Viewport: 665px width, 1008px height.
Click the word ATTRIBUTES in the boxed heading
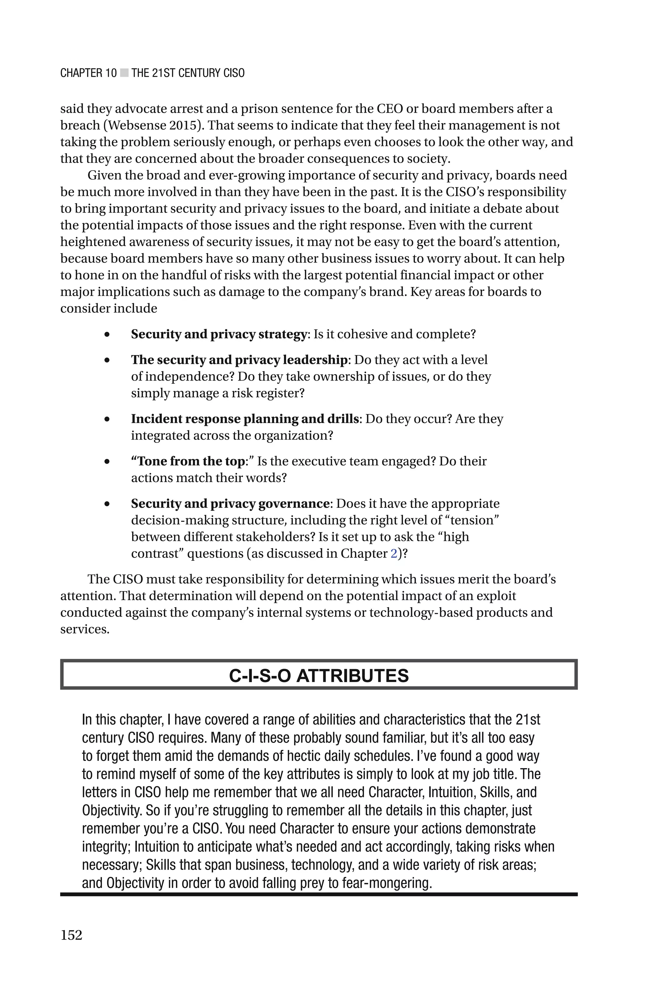pyautogui.click(x=352, y=675)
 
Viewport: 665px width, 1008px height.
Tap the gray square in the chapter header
pyautogui.click(x=124, y=73)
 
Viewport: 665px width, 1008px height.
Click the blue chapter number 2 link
pyautogui.click(x=394, y=554)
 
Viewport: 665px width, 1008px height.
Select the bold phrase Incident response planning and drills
pyautogui.click(x=245, y=419)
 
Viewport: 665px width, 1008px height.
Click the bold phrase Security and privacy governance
pyautogui.click(x=230, y=504)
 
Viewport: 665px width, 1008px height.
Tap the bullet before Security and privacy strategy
pyautogui.click(x=107, y=334)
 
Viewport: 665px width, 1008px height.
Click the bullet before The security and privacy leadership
pyautogui.click(x=107, y=360)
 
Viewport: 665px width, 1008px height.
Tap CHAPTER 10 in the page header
pyautogui.click(x=88, y=73)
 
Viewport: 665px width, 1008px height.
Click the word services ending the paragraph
pyautogui.click(x=84, y=629)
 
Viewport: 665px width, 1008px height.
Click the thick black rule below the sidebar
pyautogui.click(x=319, y=894)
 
